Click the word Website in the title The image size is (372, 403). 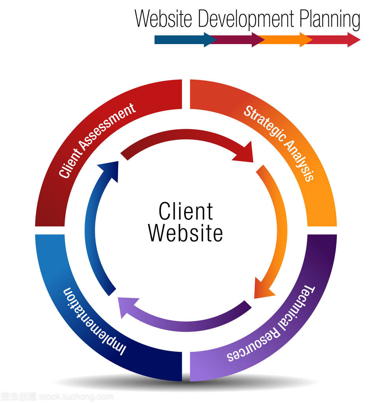(163, 19)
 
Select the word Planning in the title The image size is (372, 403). (329, 20)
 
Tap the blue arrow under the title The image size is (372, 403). (185, 39)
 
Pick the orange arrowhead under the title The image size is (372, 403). (306, 39)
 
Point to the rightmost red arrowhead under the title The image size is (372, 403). (354, 39)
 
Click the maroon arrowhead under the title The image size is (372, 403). (258, 39)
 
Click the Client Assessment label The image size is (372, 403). (97, 140)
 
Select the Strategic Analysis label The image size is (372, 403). (279, 143)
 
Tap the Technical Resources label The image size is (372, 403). (271, 324)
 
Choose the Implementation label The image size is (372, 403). (94, 321)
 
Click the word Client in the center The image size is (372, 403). (186, 211)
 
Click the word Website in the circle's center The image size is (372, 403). (185, 233)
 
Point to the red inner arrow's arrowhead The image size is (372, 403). (244, 153)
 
